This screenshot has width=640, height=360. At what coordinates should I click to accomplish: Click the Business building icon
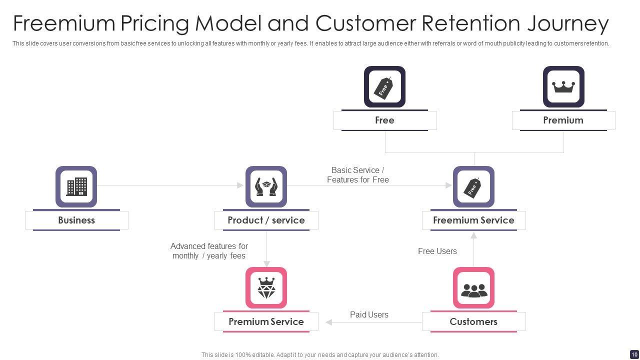coord(76,186)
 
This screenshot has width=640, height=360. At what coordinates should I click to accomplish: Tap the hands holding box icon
coord(266,187)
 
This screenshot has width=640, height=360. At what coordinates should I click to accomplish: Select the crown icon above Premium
coord(563,86)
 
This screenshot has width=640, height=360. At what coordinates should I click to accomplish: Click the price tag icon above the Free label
coord(383,88)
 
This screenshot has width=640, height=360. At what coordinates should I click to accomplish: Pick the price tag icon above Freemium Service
coord(472,187)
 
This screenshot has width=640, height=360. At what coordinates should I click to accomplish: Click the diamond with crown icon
coord(266,287)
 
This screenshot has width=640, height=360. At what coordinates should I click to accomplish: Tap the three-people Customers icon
coord(474,290)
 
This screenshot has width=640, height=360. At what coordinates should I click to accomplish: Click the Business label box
coord(76,220)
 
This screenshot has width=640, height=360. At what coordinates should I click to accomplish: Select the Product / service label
coord(266,220)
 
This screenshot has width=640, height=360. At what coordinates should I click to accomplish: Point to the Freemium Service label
coord(473,220)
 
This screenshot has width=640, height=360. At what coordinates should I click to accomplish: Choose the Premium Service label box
coord(266,321)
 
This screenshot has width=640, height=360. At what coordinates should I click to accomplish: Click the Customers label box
coord(473,321)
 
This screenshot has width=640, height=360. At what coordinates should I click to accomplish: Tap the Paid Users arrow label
coord(369,314)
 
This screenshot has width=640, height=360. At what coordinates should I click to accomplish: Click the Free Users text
coord(437,251)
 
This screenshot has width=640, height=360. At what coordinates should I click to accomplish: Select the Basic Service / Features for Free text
coord(357,175)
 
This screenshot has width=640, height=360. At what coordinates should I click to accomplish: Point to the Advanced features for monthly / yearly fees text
coord(209,251)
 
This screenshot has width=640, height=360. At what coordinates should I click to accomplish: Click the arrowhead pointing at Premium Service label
coord(329,322)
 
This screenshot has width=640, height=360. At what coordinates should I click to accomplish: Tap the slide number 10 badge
coord(634,354)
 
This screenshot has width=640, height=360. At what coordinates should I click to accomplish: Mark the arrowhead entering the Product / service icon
coord(240,185)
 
